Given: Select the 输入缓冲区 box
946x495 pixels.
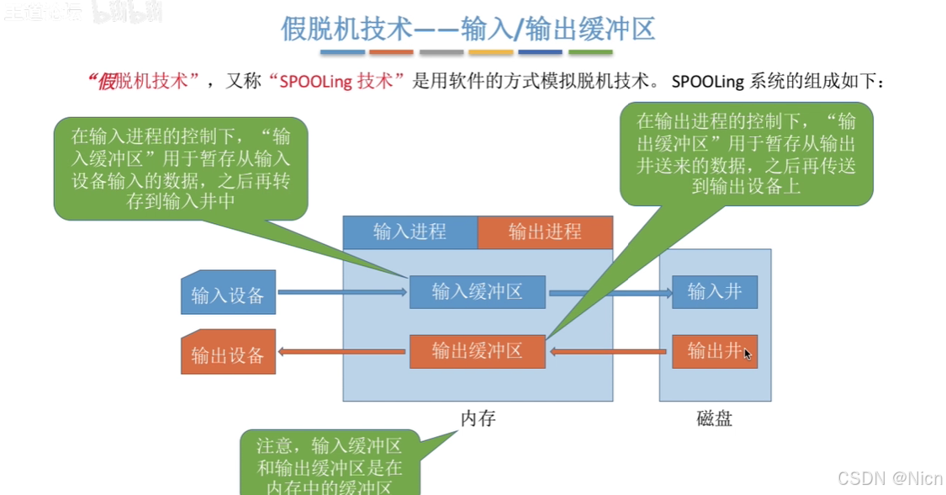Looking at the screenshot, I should point(477,292).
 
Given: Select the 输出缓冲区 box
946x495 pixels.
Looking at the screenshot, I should point(477,351).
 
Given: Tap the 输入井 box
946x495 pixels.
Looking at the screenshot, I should point(714,292).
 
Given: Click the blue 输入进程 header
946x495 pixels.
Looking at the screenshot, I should point(410,232).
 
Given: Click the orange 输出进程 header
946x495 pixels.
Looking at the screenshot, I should point(545,232).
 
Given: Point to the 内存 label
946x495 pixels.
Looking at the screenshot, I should point(478,418).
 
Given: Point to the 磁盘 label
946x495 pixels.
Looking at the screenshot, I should point(714,418).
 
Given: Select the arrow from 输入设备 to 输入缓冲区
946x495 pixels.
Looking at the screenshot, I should point(341,293).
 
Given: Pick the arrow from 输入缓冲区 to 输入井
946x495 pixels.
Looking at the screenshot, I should point(609,293).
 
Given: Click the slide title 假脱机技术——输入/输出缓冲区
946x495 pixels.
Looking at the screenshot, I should point(468,30).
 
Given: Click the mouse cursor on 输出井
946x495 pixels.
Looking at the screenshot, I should point(748,354).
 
